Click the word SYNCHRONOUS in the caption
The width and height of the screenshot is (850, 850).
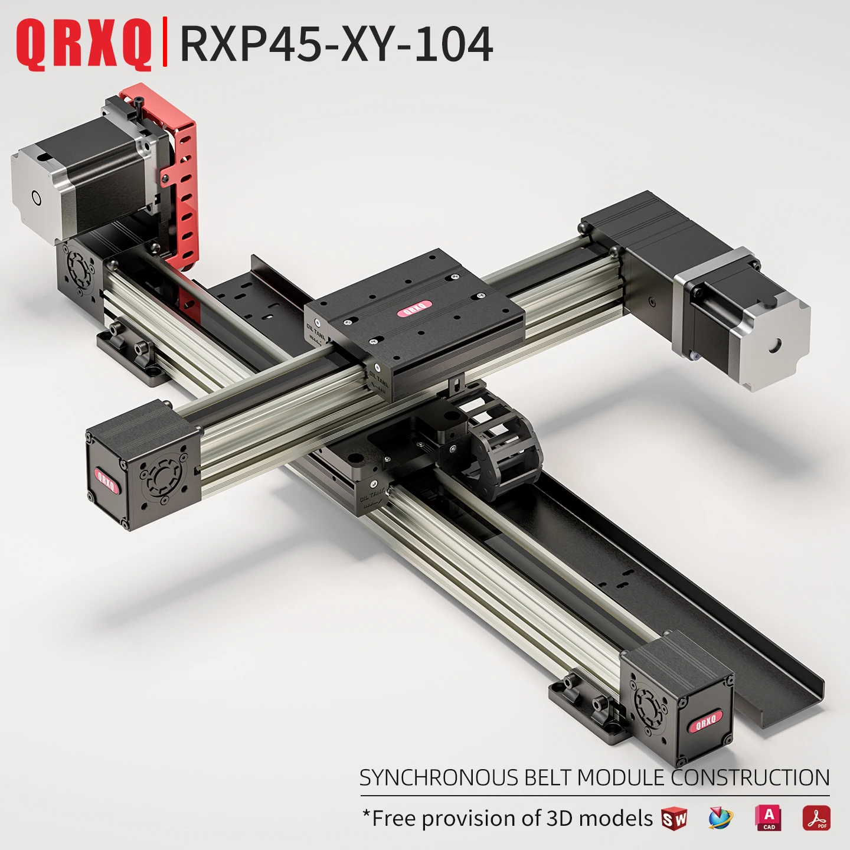click(x=439, y=777)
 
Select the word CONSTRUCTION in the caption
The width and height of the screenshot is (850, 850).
click(x=750, y=777)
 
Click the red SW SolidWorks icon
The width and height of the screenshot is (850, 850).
click(x=674, y=819)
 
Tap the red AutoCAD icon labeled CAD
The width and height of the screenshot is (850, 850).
click(x=768, y=818)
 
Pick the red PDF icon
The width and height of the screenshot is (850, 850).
click(x=816, y=818)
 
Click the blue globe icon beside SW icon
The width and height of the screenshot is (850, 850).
click(x=720, y=819)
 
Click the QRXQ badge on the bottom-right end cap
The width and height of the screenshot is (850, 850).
click(x=705, y=722)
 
